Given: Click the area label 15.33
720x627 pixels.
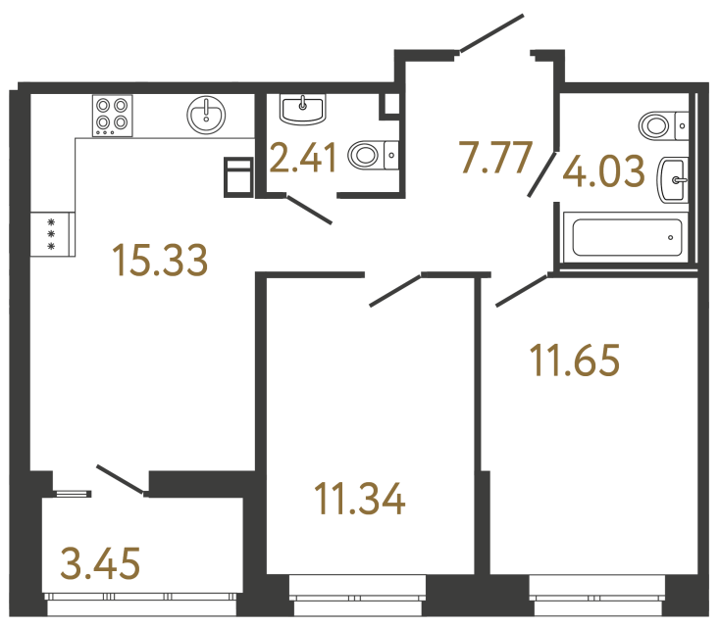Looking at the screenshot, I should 160,260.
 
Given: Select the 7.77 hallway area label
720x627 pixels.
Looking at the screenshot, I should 495,157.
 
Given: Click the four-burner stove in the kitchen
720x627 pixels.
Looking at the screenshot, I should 113,116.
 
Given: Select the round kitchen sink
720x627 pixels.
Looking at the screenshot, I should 206,115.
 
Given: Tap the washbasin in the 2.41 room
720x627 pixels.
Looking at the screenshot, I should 302,108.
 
